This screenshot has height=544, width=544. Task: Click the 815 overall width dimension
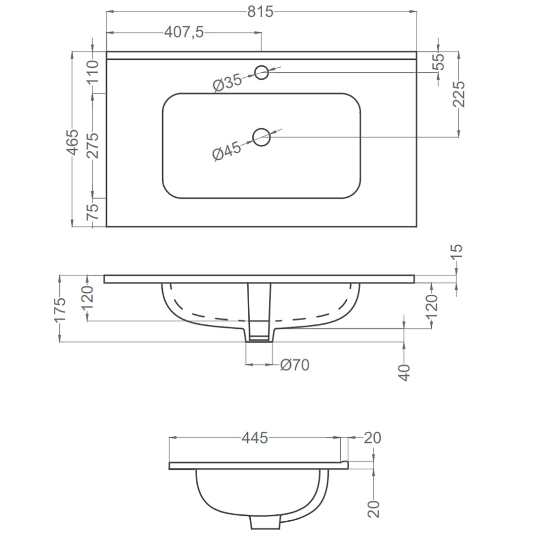260,12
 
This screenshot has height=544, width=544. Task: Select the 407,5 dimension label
184,32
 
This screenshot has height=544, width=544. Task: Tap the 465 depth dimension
73,142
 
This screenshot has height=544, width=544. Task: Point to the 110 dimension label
92,72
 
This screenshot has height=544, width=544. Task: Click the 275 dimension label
92,145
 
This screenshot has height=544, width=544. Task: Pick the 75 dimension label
92,212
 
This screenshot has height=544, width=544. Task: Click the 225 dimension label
459,94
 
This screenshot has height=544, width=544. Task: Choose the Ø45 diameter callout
227,151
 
